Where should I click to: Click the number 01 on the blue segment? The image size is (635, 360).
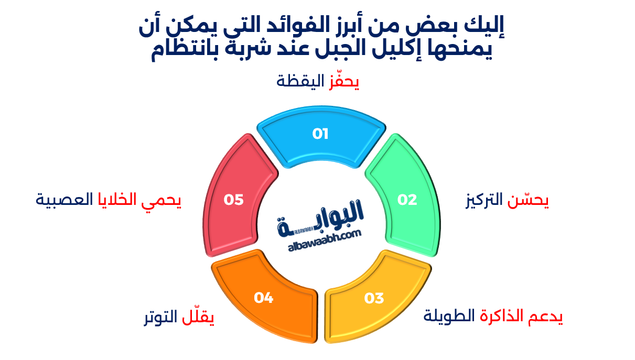tap(320, 134)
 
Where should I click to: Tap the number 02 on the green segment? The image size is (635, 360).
tap(407, 200)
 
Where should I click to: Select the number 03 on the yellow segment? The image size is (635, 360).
tap(374, 298)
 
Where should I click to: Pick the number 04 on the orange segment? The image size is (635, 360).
tap(264, 298)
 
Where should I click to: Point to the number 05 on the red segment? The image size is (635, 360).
tap(234, 200)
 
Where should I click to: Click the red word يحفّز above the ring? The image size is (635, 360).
tap(344, 82)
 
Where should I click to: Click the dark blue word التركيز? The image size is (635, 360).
tap(484, 200)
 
